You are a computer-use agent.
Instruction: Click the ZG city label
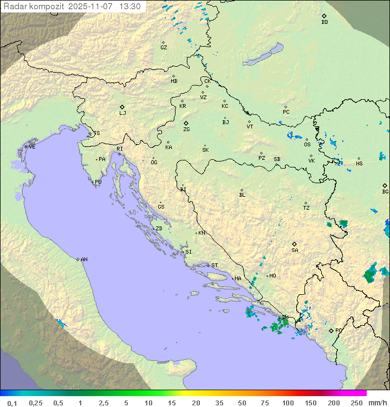[x=186, y=130]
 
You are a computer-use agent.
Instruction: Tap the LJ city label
[x=122, y=113]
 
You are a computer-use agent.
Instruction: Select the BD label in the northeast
[x=324, y=22]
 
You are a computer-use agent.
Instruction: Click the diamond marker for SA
[x=295, y=244]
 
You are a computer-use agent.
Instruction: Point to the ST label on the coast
[x=214, y=266]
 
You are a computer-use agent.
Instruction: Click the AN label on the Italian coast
[x=84, y=260]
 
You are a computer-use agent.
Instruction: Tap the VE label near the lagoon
[x=32, y=147]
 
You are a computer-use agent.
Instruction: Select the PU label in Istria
[x=98, y=182]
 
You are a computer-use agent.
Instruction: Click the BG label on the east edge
[x=385, y=191]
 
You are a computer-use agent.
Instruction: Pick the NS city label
[x=359, y=164]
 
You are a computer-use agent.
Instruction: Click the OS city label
[x=307, y=145]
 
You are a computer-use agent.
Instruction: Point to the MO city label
[x=272, y=276]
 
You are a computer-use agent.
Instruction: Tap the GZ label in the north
[x=164, y=48]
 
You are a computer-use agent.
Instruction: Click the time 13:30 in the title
[x=130, y=7]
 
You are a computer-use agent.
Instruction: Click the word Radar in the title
[x=15, y=7]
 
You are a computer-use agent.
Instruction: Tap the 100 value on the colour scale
[x=288, y=403]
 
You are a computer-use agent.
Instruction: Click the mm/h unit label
[x=376, y=403]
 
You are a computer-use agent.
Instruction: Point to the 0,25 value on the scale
[x=36, y=403]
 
